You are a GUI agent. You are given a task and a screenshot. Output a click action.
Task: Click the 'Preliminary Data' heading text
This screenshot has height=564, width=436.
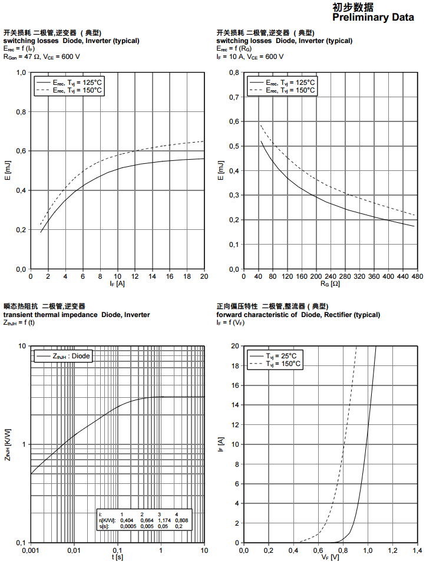(x=373, y=18)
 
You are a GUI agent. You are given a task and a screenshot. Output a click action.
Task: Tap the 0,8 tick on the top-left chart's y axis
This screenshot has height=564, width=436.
(x=21, y=112)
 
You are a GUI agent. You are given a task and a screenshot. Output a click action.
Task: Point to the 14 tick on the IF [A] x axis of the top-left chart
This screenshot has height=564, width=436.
(x=152, y=276)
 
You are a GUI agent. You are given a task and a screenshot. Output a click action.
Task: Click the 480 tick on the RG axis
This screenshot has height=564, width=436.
(x=416, y=276)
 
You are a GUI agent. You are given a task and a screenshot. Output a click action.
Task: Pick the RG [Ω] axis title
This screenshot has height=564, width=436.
(x=329, y=283)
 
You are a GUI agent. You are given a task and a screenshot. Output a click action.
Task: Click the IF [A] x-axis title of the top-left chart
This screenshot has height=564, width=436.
(x=117, y=283)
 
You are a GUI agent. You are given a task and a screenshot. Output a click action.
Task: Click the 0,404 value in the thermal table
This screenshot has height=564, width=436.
(x=126, y=520)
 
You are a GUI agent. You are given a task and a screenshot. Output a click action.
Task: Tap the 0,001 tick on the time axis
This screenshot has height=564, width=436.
(x=30, y=550)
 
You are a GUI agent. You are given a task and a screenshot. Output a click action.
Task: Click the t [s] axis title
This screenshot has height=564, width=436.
(x=118, y=557)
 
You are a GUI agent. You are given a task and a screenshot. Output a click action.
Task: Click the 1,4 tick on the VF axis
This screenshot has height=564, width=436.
(x=416, y=550)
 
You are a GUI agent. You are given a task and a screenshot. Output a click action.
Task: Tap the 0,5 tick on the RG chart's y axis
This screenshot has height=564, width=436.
(x=234, y=146)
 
